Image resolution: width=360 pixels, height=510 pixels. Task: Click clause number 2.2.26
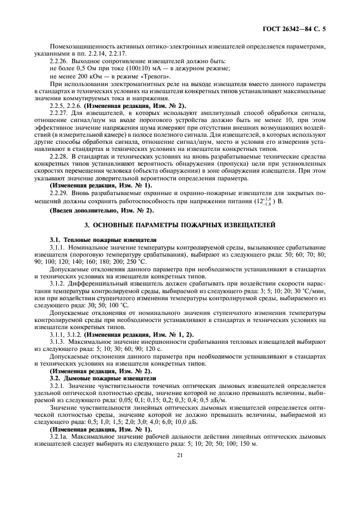click(x=59, y=61)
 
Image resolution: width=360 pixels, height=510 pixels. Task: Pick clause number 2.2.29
click(x=59, y=192)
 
